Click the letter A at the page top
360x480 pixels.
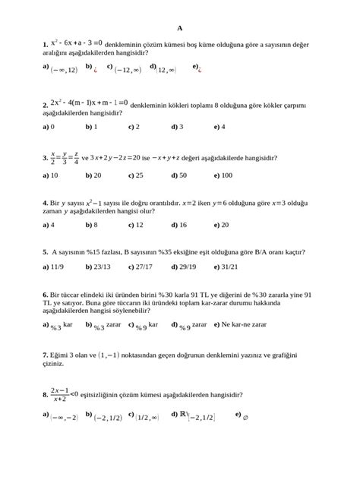(x=180, y=27)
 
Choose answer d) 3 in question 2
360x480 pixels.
(x=177, y=127)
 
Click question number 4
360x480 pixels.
(x=46, y=204)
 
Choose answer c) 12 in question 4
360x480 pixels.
(x=135, y=225)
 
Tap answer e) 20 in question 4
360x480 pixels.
(x=221, y=225)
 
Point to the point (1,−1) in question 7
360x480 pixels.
(x=103, y=355)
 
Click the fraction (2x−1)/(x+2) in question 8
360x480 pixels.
(x=60, y=394)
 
